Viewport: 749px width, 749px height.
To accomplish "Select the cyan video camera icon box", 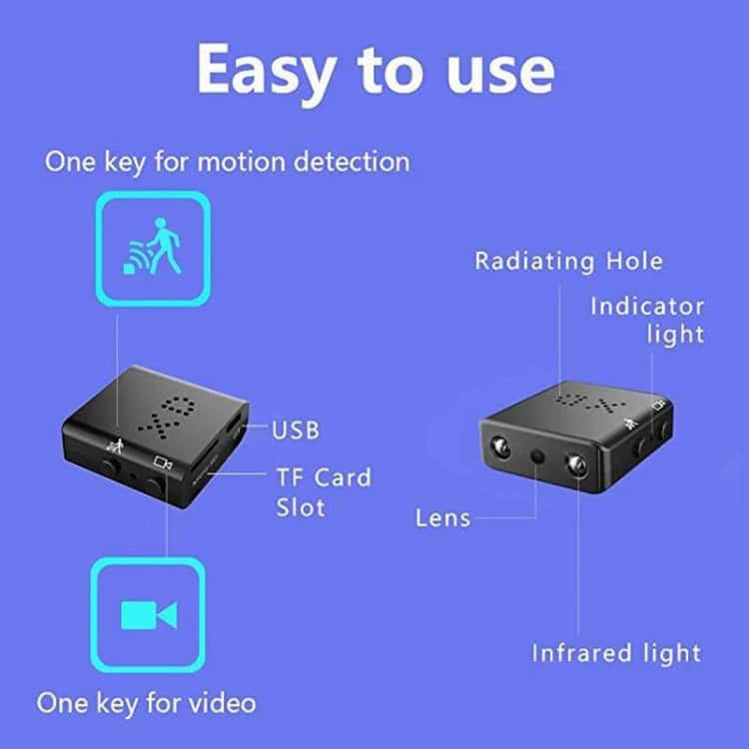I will pyautogui.click(x=148, y=614).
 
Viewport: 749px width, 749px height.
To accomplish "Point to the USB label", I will pyautogui.click(x=296, y=431).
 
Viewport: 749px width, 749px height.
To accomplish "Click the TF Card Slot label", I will pyautogui.click(x=323, y=491).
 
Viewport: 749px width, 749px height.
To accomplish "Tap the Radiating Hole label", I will pyautogui.click(x=567, y=262).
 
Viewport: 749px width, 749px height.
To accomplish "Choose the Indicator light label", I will pyautogui.click(x=647, y=320).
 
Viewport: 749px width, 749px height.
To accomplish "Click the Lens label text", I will pyautogui.click(x=443, y=517).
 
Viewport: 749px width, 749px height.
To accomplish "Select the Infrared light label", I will pyautogui.click(x=616, y=654).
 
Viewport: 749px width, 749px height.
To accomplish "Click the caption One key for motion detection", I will pyautogui.click(x=227, y=161).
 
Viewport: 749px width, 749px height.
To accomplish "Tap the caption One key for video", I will pyautogui.click(x=147, y=702).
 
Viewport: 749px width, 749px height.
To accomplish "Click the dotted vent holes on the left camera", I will pyautogui.click(x=159, y=411).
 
